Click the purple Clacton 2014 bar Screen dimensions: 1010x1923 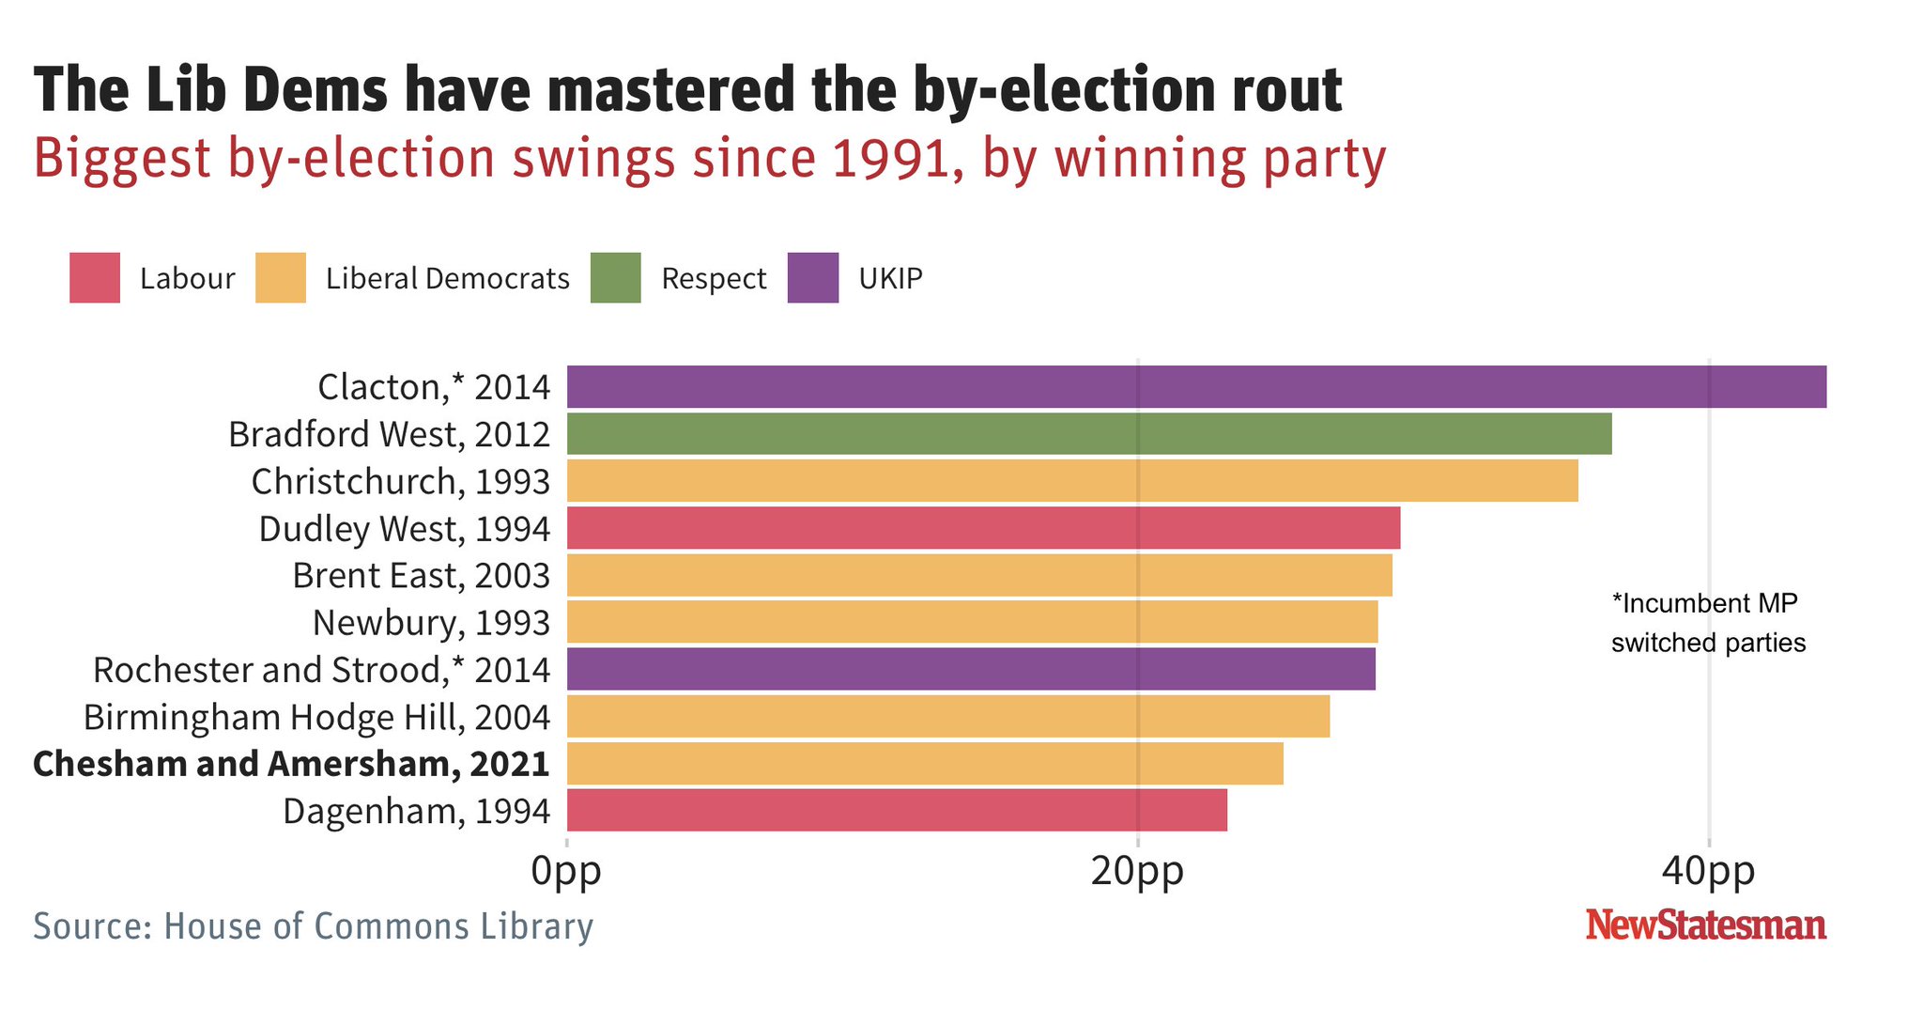pos(1196,387)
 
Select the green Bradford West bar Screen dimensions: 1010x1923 pos(1089,434)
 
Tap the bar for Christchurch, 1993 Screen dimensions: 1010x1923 pos(1072,481)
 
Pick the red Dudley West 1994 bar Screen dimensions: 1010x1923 pos(983,528)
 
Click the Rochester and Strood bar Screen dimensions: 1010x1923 pos(971,669)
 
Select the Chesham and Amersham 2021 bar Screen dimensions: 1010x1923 pos(925,763)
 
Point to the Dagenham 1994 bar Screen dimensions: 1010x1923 pos(897,810)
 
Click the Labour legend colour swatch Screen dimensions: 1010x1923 pos(95,278)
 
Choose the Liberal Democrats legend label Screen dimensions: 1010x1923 pos(447,279)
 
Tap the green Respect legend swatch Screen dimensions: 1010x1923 pos(615,278)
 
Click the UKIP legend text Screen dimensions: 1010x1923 pos(890,279)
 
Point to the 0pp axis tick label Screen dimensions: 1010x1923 pos(566,872)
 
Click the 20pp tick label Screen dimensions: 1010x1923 pos(1137,872)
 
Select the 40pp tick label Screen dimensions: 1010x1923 pos(1708,872)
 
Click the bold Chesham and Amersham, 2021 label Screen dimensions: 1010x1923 pos(291,764)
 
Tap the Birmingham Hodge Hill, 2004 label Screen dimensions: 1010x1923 pos(316,718)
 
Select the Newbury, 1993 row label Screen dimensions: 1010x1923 pos(431,623)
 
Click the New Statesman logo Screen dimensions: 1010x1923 pos(1705,925)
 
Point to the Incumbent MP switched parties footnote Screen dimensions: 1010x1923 pos(1707,623)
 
